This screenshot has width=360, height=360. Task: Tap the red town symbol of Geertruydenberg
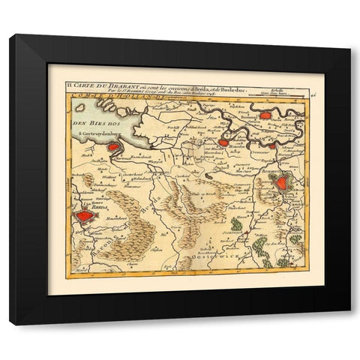(x=113, y=148)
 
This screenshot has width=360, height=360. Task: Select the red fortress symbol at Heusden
(x=223, y=141)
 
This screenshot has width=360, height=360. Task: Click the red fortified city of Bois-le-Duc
(x=282, y=181)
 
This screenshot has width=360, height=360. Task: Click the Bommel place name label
(x=269, y=118)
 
